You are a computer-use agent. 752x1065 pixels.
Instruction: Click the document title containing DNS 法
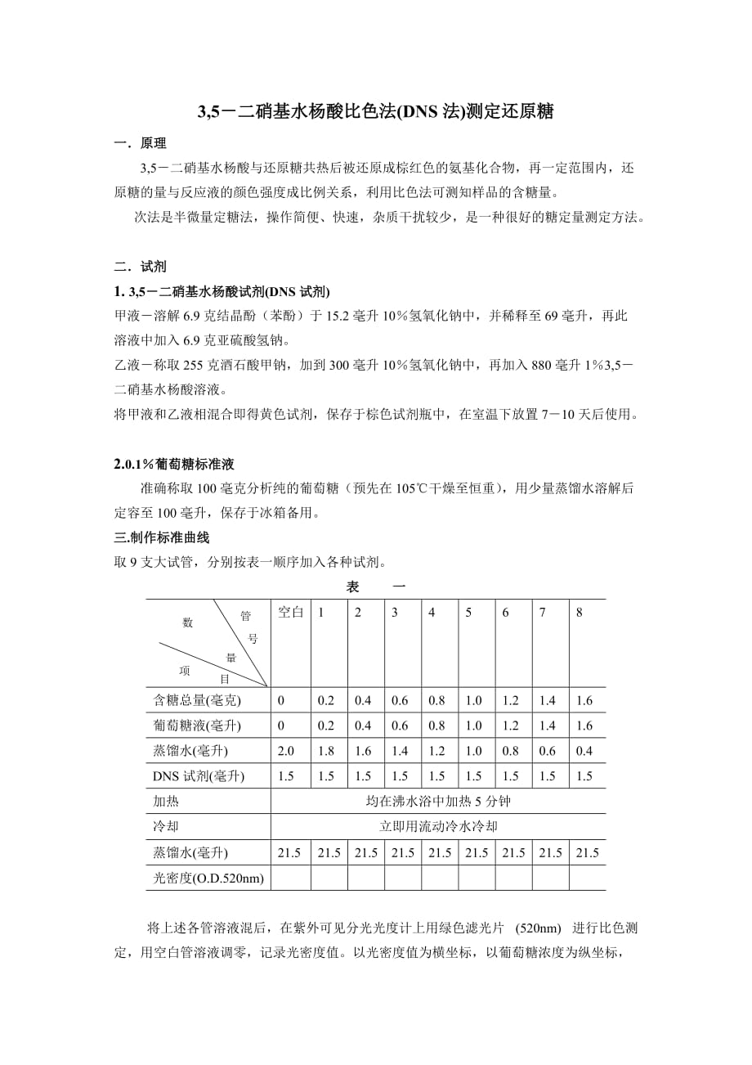(x=376, y=112)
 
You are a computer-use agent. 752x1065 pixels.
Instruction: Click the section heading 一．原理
(x=141, y=144)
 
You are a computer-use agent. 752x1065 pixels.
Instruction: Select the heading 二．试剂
(x=141, y=267)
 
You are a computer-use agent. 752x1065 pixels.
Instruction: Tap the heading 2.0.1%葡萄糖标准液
(x=174, y=464)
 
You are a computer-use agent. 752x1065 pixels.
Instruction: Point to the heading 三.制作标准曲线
(x=162, y=538)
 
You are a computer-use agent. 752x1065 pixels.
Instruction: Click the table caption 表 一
(x=376, y=587)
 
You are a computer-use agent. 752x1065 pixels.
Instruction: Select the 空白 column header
(x=291, y=613)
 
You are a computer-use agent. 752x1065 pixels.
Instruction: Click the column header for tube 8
(x=580, y=613)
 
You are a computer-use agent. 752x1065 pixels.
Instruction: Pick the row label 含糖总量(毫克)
(x=197, y=700)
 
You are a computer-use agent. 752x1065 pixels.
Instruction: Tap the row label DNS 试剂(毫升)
(x=199, y=776)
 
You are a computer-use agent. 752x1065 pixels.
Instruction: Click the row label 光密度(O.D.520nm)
(x=208, y=878)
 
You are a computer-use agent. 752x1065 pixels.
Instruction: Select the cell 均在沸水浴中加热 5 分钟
(x=438, y=802)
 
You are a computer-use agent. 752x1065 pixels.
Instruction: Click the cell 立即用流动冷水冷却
(x=438, y=827)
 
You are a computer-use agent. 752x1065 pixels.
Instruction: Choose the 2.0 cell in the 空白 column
(x=286, y=751)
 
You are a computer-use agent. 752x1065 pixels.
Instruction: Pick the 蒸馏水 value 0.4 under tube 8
(x=584, y=751)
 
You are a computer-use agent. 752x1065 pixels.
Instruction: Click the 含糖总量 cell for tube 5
(x=473, y=700)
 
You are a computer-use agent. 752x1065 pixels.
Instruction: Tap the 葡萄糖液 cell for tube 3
(x=400, y=726)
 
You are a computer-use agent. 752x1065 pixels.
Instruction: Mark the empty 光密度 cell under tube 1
(x=329, y=878)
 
